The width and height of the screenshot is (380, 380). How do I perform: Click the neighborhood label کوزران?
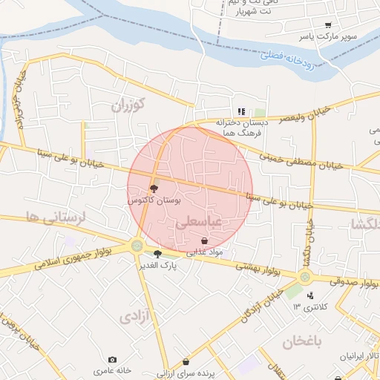[129, 105]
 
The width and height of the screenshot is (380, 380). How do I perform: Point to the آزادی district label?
[134, 318]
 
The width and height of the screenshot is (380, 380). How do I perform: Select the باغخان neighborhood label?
[304, 342]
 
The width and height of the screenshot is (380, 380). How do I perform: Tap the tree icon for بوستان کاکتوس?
[154, 189]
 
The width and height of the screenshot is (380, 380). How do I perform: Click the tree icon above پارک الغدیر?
[157, 254]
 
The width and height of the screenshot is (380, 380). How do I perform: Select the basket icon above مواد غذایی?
[204, 241]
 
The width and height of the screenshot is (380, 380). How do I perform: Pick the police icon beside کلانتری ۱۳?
[310, 296]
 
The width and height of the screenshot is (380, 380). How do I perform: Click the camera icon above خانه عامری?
[112, 359]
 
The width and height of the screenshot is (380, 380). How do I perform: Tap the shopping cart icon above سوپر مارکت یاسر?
[328, 24]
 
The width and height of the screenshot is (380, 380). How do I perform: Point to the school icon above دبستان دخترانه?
[241, 111]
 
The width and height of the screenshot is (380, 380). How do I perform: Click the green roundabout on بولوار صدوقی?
[305, 278]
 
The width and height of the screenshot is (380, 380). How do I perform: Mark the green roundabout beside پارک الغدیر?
[137, 246]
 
